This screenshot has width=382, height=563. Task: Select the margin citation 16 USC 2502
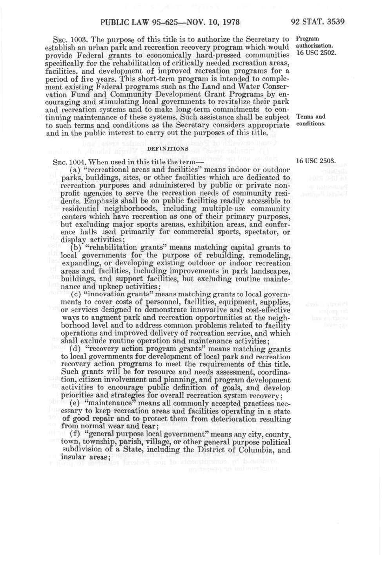(x=316, y=53)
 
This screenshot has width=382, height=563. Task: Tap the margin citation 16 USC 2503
(x=316, y=161)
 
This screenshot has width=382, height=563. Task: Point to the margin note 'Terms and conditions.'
(x=311, y=120)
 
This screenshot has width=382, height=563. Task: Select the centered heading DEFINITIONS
(x=168, y=149)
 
